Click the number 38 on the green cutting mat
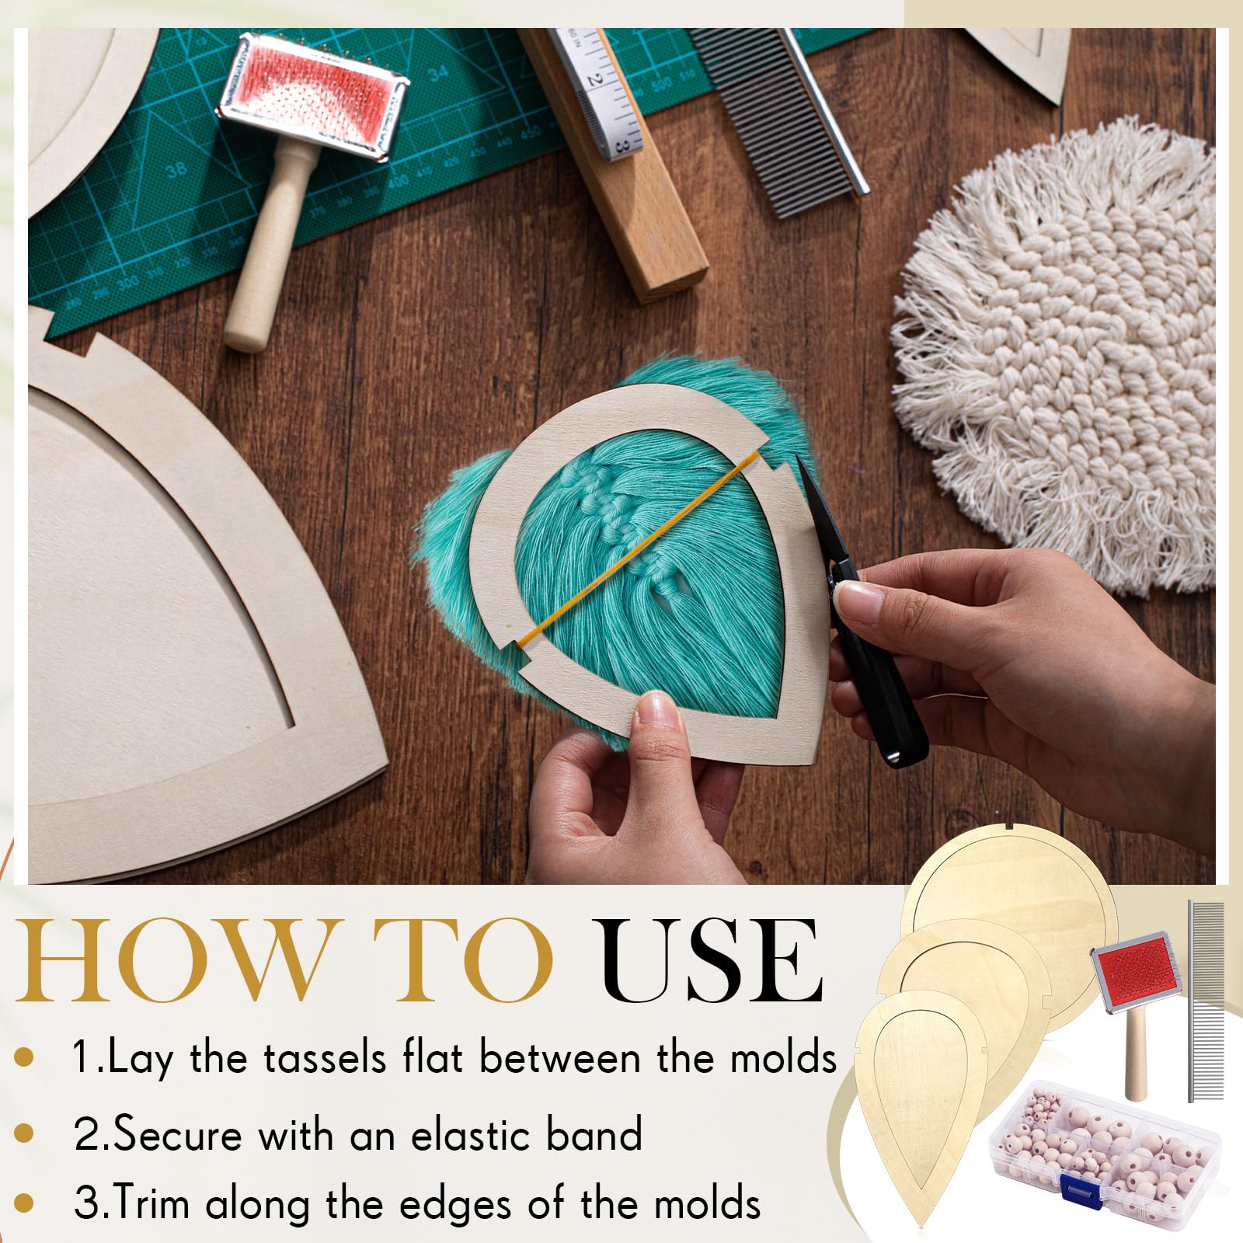[x=175, y=168]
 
